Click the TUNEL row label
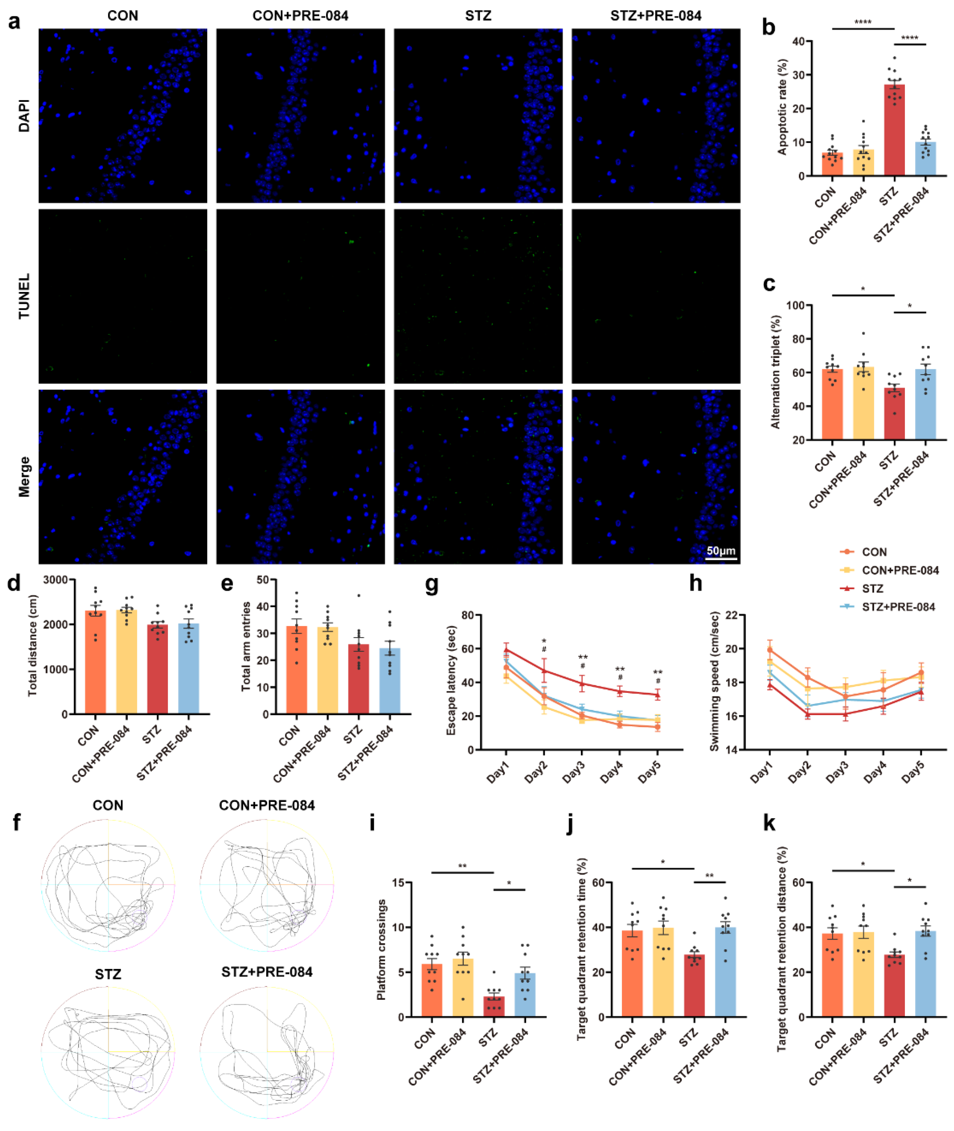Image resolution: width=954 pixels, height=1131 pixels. [24, 296]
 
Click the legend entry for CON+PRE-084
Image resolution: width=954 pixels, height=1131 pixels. [900, 570]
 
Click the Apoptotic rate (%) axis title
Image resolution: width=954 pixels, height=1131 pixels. [782, 107]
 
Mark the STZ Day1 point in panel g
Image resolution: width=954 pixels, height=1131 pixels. [506, 650]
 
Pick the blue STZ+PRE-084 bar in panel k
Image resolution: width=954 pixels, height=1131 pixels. [925, 975]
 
